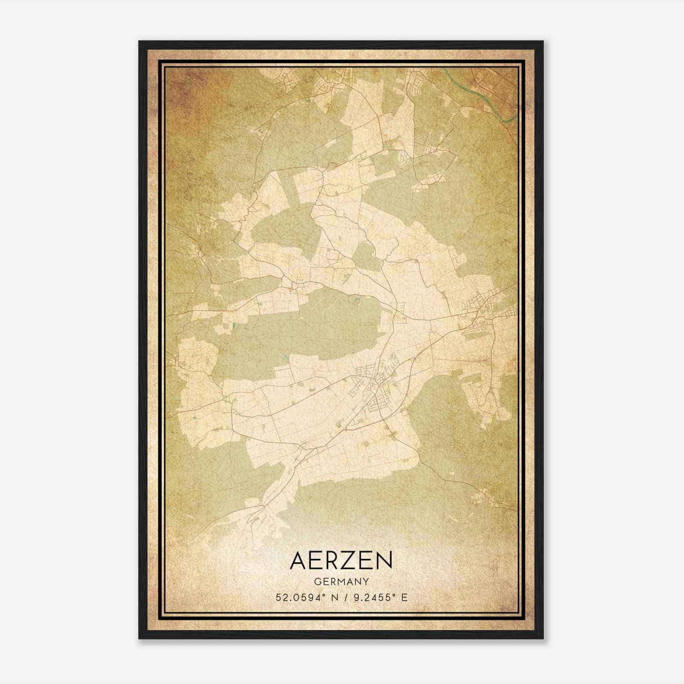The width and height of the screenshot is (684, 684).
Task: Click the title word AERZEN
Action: (x=341, y=560)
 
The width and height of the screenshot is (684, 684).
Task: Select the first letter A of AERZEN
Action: (x=298, y=560)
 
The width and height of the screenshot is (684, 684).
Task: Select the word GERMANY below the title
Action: (x=341, y=582)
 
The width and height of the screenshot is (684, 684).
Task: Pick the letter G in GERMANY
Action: (x=317, y=582)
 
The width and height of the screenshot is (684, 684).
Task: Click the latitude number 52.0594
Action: (x=295, y=597)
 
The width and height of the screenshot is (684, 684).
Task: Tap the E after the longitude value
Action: (x=404, y=597)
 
